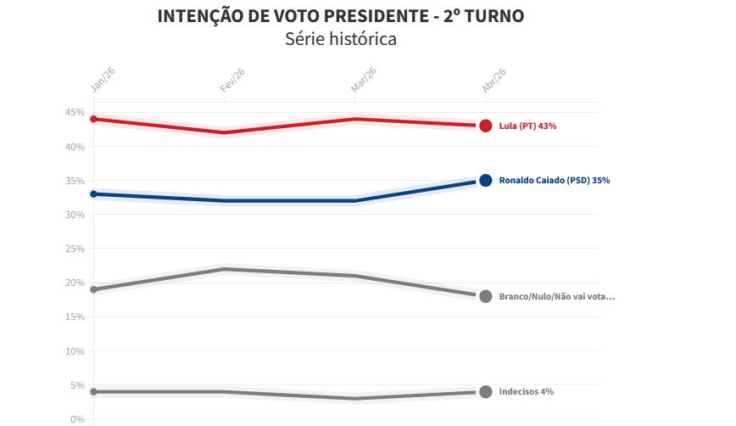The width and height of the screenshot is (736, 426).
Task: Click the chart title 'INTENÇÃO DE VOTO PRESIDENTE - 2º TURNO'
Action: click(341, 16)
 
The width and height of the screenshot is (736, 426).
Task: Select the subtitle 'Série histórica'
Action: click(341, 39)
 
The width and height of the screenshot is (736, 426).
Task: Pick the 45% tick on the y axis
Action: click(75, 113)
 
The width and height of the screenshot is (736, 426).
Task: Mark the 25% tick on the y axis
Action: click(75, 249)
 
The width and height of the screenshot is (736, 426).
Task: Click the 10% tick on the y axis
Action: click(75, 351)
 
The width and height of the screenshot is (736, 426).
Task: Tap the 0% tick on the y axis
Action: click(77, 419)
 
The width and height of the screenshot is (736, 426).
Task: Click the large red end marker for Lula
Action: click(486, 126)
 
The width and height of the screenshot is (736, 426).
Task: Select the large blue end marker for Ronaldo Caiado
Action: click(486, 180)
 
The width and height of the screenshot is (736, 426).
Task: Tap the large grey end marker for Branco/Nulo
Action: click(486, 296)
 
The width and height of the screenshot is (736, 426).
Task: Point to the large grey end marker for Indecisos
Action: click(486, 392)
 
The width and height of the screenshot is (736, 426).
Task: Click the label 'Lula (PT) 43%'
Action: click(527, 126)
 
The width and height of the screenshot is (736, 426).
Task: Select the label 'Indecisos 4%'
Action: click(526, 392)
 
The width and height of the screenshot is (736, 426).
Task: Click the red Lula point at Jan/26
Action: click(94, 119)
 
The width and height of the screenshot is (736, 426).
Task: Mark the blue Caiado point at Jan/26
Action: click(94, 194)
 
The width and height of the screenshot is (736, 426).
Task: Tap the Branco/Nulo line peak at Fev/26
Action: click(225, 269)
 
